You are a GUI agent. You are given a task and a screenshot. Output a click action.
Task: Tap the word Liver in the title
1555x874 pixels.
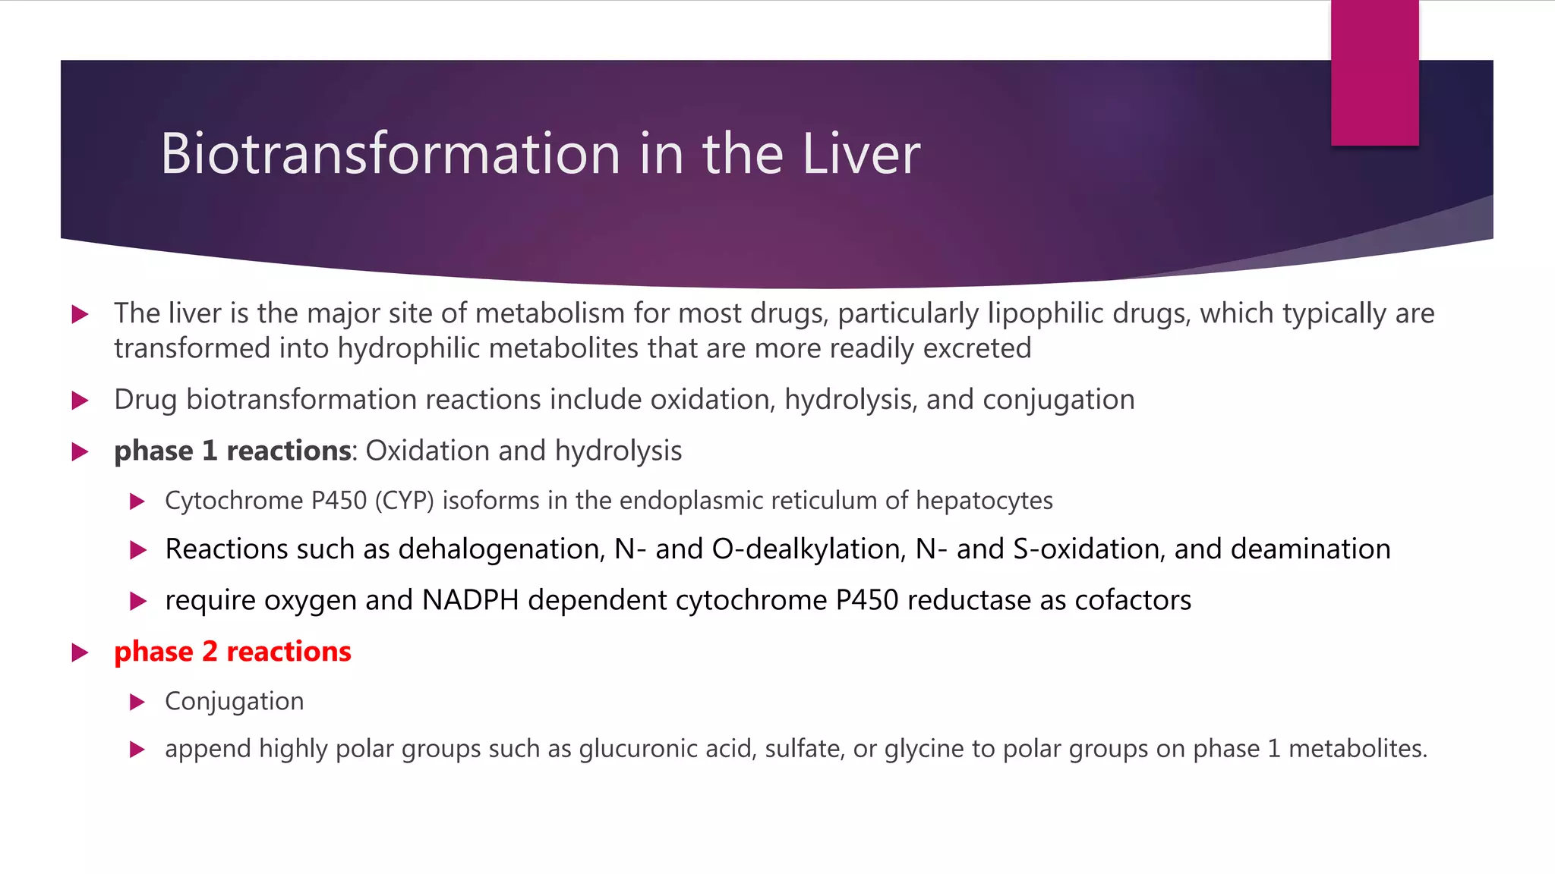(861, 154)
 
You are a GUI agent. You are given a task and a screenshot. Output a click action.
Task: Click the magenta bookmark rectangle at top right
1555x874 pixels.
(1374, 73)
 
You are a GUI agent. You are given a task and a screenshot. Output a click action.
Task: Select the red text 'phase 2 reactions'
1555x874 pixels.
(232, 652)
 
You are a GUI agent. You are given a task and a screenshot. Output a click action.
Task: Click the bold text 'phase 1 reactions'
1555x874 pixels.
(232, 451)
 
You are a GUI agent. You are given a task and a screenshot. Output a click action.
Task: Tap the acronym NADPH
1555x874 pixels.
(470, 600)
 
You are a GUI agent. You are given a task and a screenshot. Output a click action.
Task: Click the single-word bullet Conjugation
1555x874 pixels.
(234, 701)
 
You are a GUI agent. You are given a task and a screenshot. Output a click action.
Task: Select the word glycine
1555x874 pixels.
(924, 749)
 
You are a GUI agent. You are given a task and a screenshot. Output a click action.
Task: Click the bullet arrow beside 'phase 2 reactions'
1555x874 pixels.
(80, 652)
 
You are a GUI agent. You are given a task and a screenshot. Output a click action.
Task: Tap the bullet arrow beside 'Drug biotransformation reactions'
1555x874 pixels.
(80, 401)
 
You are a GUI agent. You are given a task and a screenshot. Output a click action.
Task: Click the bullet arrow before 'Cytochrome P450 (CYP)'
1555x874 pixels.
(137, 501)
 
